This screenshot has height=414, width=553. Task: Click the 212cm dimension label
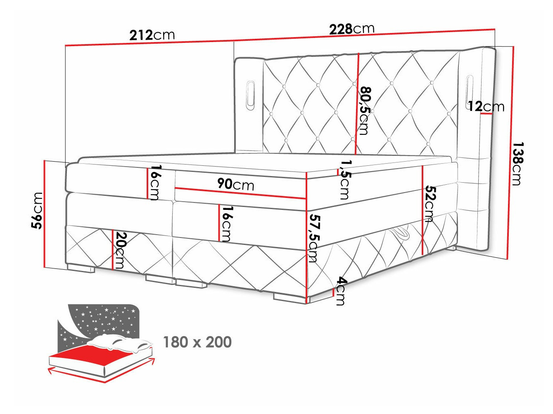tap(152, 35)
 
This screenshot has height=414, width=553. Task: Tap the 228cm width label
tap(351, 29)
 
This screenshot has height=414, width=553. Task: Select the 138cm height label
tap(517, 164)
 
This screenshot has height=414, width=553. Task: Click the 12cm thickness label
tap(486, 106)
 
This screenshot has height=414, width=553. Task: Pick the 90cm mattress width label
tap(236, 184)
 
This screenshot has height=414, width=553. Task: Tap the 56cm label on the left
tap(37, 210)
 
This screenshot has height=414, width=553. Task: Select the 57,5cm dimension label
tap(313, 238)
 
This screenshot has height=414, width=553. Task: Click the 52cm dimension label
tap(430, 204)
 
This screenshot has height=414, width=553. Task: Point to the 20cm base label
tap(120, 250)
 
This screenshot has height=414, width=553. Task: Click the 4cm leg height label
tap(340, 291)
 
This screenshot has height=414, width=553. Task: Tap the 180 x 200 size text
tap(197, 342)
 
